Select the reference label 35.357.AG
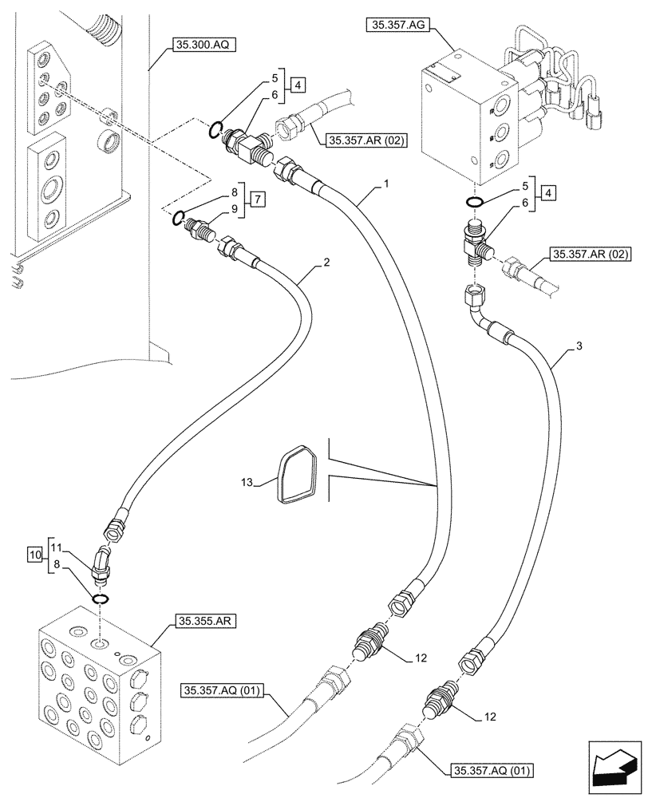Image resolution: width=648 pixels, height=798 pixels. click(399, 26)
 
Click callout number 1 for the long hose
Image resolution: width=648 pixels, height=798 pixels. click(385, 184)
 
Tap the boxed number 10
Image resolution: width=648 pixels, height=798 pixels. click(35, 553)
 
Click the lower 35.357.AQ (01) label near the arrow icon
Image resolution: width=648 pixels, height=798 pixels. click(492, 770)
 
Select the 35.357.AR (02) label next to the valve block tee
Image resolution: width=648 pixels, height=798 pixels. click(590, 255)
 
